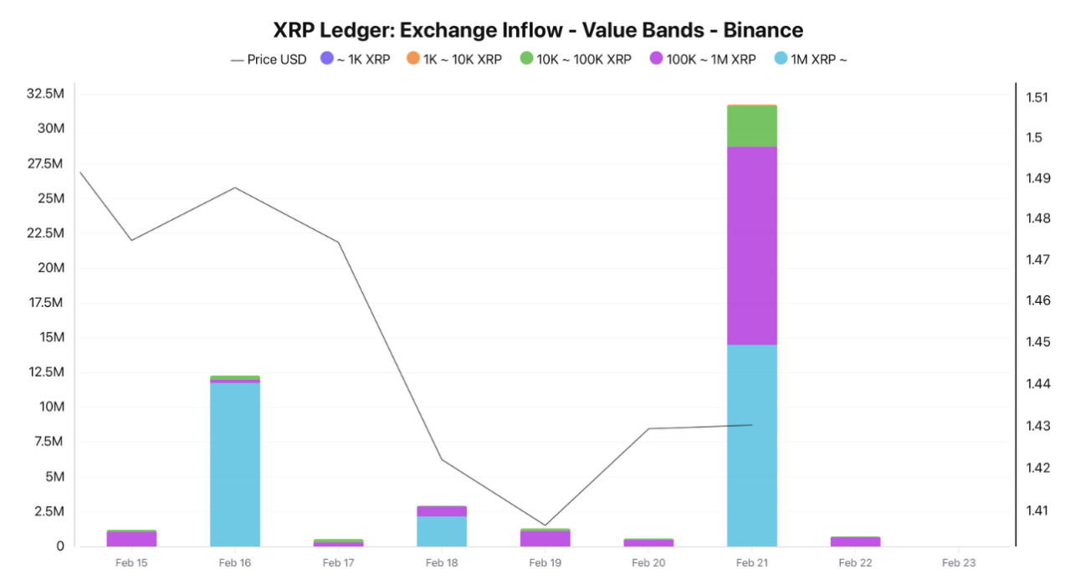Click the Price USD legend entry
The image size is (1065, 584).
[269, 59]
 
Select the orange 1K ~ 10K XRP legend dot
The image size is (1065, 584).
[412, 59]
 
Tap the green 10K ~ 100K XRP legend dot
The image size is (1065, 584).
[526, 59]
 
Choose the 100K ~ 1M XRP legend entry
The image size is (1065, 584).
[703, 59]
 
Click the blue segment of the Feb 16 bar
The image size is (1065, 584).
[235, 464]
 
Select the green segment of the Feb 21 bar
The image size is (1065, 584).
[752, 126]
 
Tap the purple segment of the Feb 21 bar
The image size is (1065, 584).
[752, 246]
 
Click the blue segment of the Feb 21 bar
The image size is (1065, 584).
[752, 445]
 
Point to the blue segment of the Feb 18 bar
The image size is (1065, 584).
[442, 530]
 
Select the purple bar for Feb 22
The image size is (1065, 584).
[855, 541]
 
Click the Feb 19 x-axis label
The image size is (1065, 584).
[545, 563]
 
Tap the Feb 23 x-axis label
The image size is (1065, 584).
[959, 563]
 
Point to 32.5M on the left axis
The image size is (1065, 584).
[45, 94]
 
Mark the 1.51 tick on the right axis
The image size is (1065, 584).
[1037, 97]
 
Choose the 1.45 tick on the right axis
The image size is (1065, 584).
[1037, 341]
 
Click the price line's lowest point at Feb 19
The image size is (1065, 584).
[545, 525]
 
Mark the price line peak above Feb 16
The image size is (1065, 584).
[235, 187]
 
